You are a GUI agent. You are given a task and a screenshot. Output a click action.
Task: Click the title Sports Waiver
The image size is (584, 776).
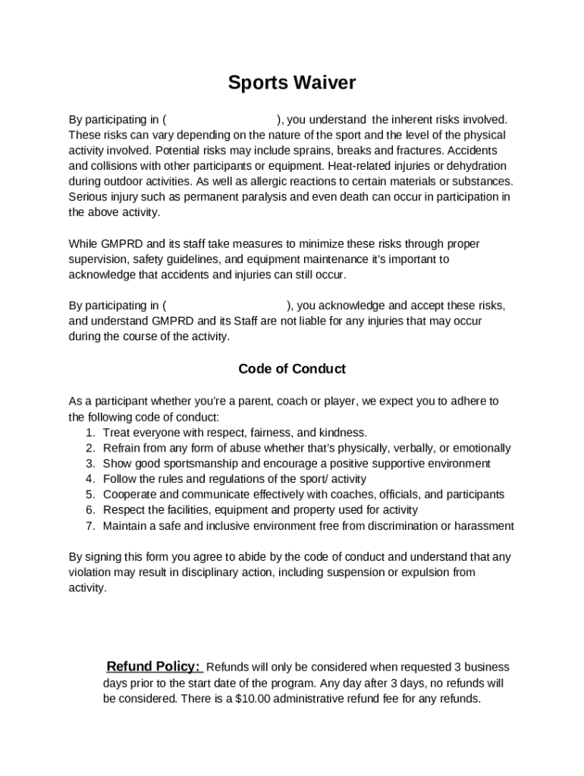(292, 83)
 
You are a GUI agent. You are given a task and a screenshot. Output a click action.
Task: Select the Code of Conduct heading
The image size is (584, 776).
(292, 369)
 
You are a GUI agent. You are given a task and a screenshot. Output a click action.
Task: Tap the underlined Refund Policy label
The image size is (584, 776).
(153, 667)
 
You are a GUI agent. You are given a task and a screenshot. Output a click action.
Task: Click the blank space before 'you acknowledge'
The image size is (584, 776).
(226, 306)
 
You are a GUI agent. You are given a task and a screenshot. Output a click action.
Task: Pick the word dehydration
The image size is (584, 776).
(477, 166)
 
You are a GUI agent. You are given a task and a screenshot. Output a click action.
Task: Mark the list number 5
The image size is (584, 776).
(89, 495)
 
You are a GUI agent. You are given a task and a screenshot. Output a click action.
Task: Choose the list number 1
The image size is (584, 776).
(89, 433)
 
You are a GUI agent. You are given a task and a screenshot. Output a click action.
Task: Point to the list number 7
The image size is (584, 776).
(89, 526)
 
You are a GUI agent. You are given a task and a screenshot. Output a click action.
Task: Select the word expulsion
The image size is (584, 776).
(425, 572)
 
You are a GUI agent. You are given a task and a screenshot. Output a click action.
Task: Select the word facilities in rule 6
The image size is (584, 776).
(186, 510)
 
